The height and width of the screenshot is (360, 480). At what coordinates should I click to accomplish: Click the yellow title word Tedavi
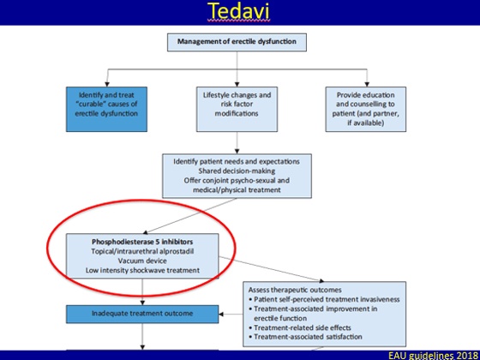point(239,11)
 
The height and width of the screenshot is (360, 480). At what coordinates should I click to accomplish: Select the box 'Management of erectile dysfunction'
point(237,42)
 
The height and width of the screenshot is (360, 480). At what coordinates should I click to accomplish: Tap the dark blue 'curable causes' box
point(106,110)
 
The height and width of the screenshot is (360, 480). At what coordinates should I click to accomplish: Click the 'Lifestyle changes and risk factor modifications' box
point(237,110)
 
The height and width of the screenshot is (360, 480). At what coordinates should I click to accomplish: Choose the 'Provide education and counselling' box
point(366,110)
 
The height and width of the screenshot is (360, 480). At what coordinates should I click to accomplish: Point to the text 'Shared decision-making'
point(237,171)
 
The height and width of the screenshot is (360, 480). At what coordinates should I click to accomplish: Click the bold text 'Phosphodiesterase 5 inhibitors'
point(142,242)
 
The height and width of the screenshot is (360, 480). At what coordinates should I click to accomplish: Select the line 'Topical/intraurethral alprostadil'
point(142,251)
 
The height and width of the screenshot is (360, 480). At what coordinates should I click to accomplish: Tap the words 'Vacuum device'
point(142,261)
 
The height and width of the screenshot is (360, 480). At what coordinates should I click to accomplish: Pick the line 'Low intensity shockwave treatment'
point(142,270)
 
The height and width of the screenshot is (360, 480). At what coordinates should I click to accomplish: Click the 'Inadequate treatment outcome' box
point(142,314)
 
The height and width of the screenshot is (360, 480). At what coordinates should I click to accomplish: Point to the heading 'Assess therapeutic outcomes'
point(295,290)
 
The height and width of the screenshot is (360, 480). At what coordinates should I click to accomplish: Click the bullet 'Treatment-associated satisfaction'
point(305,337)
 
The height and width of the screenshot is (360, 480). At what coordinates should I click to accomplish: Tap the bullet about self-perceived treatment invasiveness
point(324,299)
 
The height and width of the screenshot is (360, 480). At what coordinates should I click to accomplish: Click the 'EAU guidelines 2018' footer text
point(433,356)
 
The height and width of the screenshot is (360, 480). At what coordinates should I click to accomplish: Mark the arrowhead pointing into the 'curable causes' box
point(107,84)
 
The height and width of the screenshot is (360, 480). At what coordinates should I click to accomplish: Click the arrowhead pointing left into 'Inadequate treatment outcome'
point(222,314)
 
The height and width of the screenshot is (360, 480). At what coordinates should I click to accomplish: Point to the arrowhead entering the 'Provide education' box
point(367,84)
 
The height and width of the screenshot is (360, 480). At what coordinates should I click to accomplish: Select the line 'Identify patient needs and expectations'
point(237,161)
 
